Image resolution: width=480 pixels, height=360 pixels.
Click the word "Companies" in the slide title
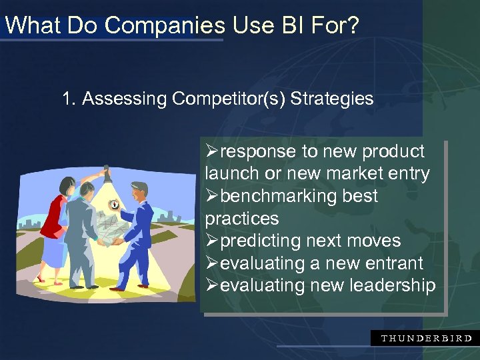165,26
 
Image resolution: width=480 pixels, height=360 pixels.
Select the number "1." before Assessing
69,99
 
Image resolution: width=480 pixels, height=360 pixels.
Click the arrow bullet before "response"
212,152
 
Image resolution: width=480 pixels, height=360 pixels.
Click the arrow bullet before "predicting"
212,241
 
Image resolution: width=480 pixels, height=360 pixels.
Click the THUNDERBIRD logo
425,338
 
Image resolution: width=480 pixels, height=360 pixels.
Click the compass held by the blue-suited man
115,206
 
